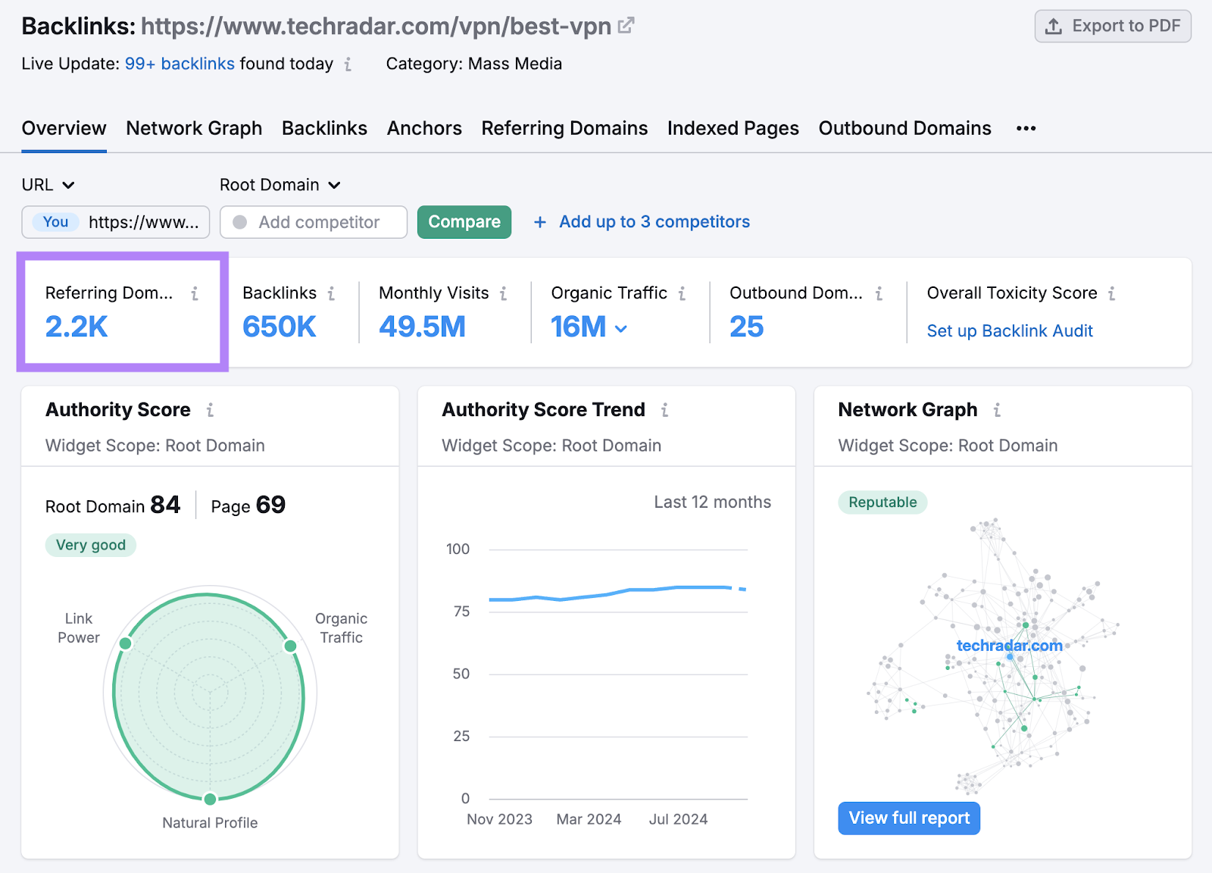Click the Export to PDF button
pos(1113,27)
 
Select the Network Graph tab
pos(194,128)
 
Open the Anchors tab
pos(424,128)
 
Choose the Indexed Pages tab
pos(733,128)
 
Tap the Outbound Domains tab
pos(904,128)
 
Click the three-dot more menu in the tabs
pos(1026,129)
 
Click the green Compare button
pos(464,222)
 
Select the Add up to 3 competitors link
pos(654,222)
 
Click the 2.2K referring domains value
pos(77,327)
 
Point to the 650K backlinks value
pos(279,327)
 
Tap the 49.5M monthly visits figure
pos(422,327)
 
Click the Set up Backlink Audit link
pos(1010,331)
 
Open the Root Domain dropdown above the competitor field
pos(280,185)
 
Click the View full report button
pos(909,818)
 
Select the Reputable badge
pos(882,502)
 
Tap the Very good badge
pos(91,545)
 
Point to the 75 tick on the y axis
pos(461,612)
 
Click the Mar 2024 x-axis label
pos(589,819)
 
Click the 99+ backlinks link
pos(180,64)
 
